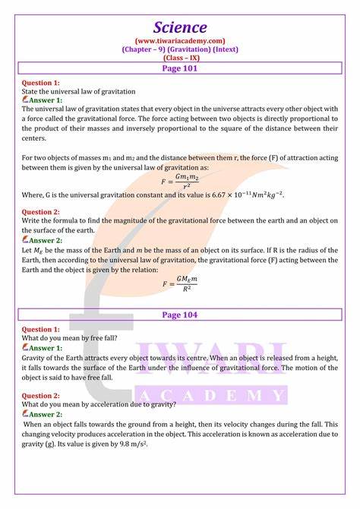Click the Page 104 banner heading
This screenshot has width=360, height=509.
click(x=179, y=314)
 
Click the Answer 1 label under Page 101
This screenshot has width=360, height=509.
click(x=46, y=100)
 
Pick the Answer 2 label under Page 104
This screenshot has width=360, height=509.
click(x=46, y=414)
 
